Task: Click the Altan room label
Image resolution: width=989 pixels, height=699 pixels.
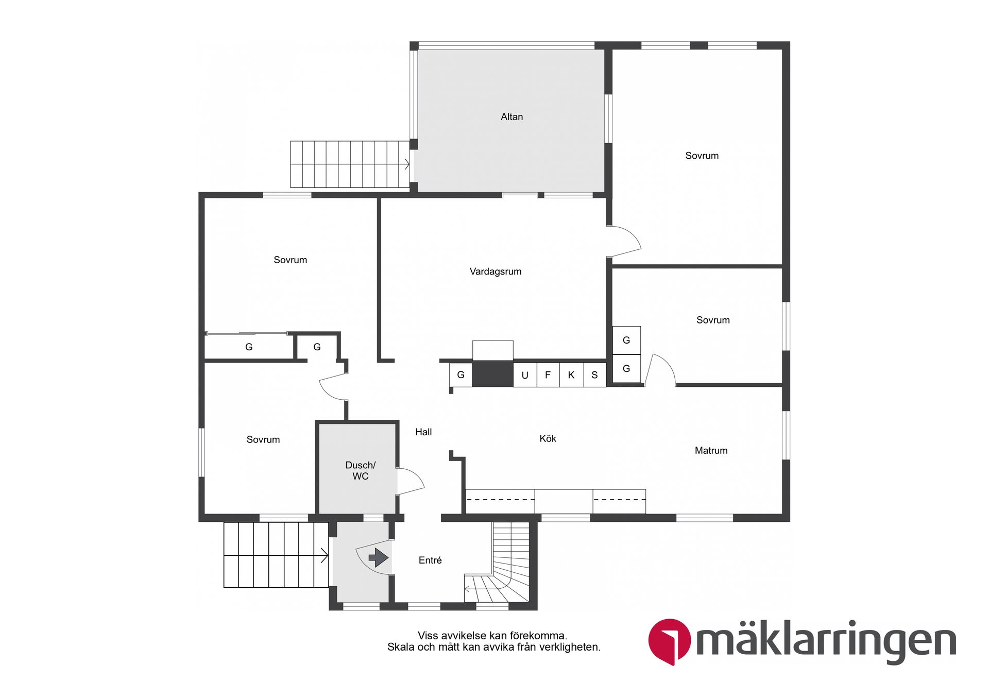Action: (511, 117)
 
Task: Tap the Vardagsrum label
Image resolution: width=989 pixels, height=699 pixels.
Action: (495, 271)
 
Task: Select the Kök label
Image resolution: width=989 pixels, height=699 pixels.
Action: (548, 438)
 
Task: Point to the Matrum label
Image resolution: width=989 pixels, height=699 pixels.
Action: (711, 450)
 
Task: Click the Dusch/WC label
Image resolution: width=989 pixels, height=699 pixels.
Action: (360, 470)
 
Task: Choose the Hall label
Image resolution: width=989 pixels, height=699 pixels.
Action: (423, 432)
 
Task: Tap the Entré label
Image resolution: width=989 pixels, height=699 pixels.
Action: (430, 560)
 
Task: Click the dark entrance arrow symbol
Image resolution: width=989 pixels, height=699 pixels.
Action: (379, 557)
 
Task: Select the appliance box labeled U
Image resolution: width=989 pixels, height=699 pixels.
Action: (525, 375)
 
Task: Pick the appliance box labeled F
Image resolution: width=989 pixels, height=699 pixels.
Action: (548, 374)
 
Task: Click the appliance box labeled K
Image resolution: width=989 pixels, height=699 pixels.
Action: (571, 374)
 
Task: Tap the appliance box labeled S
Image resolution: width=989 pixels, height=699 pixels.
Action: (594, 374)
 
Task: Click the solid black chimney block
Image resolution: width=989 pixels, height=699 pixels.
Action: (492, 373)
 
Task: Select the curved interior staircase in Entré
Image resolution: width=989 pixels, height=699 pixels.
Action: (502, 572)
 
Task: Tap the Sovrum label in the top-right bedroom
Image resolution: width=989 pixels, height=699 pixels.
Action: (702, 156)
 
